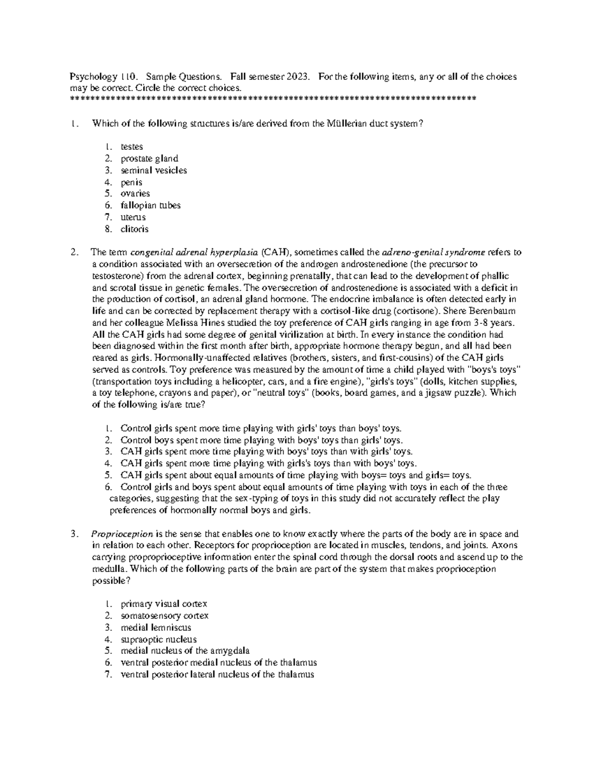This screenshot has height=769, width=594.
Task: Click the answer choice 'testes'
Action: (131, 147)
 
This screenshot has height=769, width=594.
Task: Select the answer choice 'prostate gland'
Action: (149, 158)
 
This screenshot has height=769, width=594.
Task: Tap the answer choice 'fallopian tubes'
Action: (150, 205)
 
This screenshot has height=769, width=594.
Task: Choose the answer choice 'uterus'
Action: (133, 217)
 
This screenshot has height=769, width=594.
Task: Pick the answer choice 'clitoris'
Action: (134, 229)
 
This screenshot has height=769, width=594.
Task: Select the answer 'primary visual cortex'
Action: (163, 604)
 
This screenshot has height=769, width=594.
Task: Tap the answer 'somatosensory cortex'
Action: (164, 616)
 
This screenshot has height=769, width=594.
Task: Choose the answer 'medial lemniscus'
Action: (155, 628)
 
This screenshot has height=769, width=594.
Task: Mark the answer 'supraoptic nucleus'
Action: (158, 639)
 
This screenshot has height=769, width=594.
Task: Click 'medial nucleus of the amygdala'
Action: (185, 651)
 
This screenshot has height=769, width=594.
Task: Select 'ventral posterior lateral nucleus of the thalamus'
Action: (217, 674)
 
